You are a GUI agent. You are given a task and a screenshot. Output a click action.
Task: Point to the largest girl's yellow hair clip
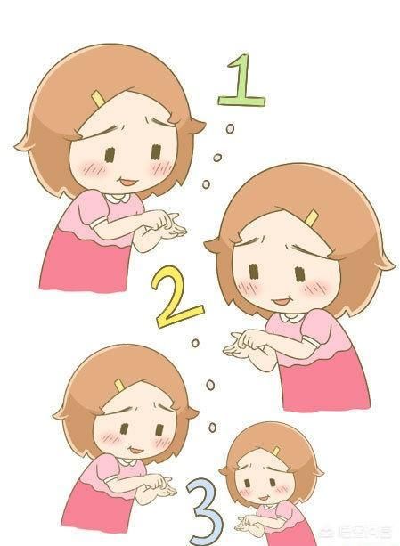click(312, 216)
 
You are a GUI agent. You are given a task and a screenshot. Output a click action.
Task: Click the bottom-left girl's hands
click(161, 486)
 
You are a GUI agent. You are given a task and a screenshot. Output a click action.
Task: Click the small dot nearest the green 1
click(231, 130)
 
